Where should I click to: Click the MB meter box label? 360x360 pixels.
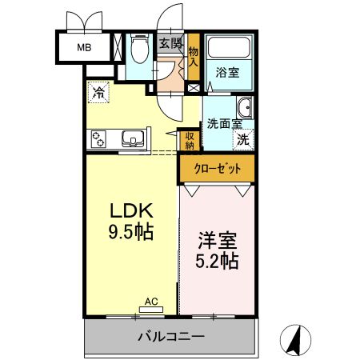coord(84,47)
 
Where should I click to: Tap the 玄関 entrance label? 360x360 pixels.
coord(170,44)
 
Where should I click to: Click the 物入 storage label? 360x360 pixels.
coord(193,56)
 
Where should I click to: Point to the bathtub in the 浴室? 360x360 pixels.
coord(230,48)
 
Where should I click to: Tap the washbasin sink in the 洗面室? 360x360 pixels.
coord(244,108)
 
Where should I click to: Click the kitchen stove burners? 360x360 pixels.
coord(99,140)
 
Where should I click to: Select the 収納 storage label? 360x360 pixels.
coord(190,139)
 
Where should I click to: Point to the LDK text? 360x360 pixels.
coord(131,212)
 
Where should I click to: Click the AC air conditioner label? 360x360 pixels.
coord(150,302)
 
